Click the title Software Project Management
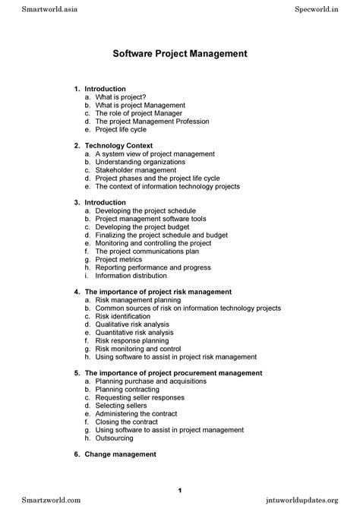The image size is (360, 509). [180, 55]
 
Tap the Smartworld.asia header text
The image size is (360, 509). [33, 7]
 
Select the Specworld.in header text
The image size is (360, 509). [327, 7]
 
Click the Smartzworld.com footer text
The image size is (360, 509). [34, 501]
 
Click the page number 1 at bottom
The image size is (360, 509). [180, 487]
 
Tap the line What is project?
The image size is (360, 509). [121, 97]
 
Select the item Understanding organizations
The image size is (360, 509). [140, 162]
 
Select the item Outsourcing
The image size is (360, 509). [115, 438]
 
